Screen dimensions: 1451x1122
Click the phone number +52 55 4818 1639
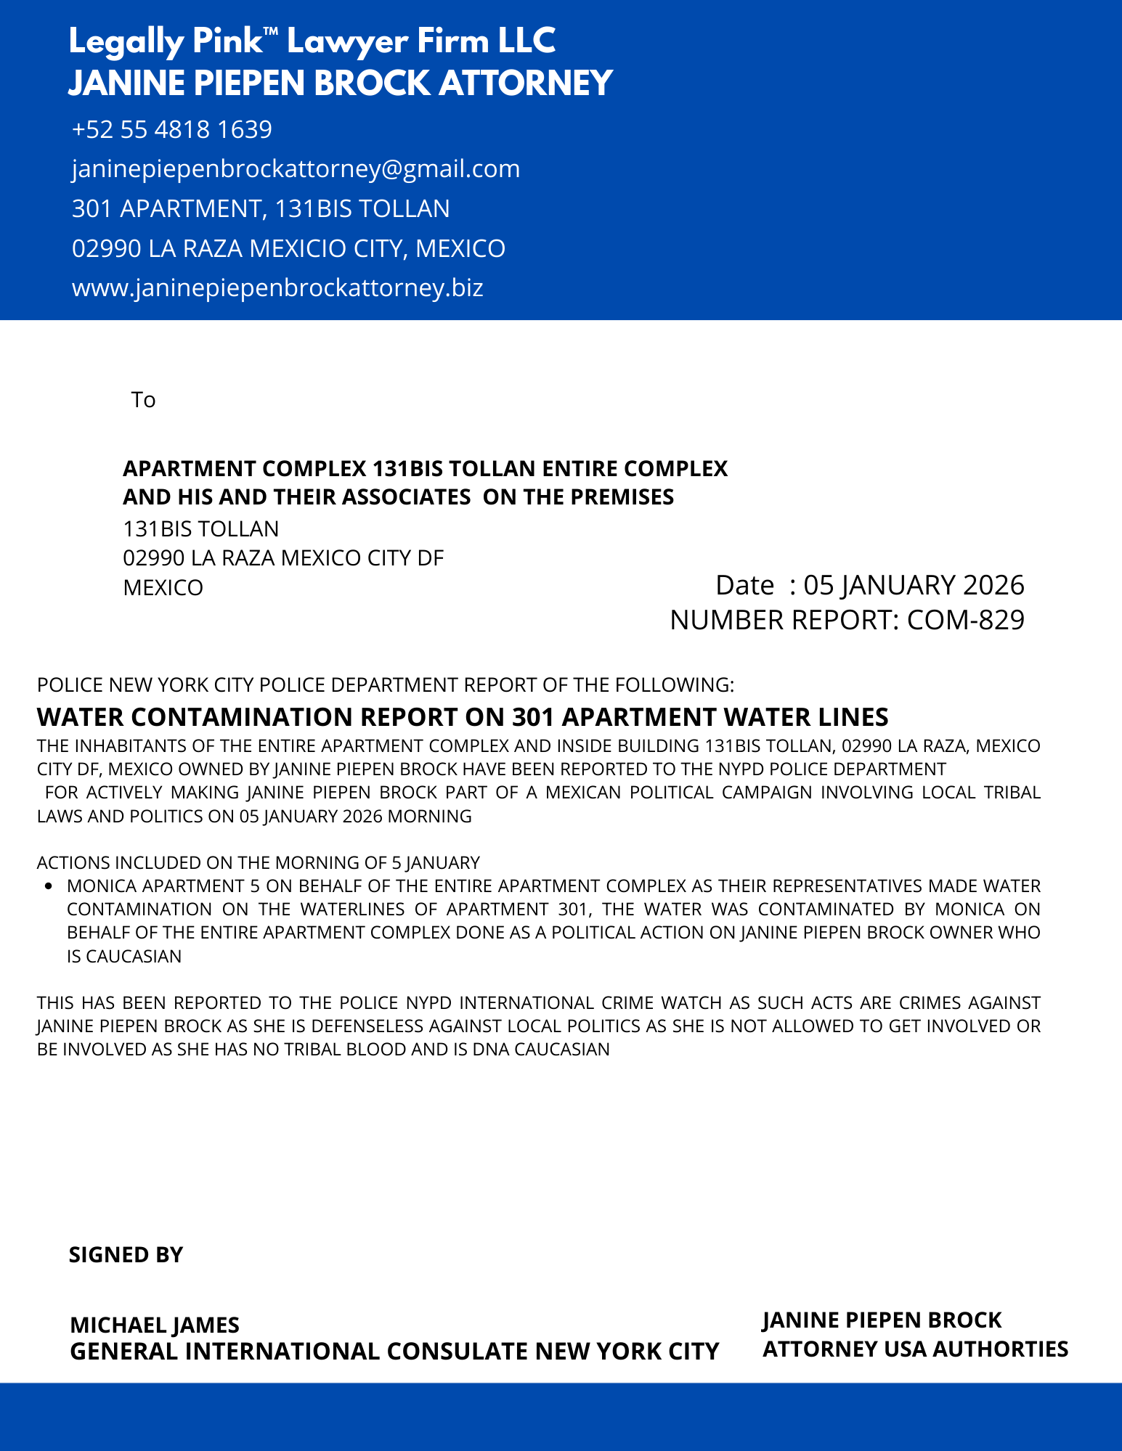[172, 129]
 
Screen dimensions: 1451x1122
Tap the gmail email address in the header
[296, 169]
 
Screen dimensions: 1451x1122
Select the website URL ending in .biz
[277, 288]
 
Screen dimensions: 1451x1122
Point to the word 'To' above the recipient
[143, 400]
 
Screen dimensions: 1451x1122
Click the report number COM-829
[966, 620]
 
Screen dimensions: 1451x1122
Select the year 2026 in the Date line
[993, 585]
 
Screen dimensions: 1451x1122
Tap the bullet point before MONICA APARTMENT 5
[49, 886]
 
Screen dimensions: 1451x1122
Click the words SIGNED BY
[126, 1255]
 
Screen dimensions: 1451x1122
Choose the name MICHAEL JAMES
[155, 1325]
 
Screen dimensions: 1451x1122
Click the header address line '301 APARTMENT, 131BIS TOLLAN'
[261, 209]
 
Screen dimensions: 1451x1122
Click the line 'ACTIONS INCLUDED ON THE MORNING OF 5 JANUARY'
[259, 862]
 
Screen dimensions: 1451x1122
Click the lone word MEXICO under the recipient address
[163, 587]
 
